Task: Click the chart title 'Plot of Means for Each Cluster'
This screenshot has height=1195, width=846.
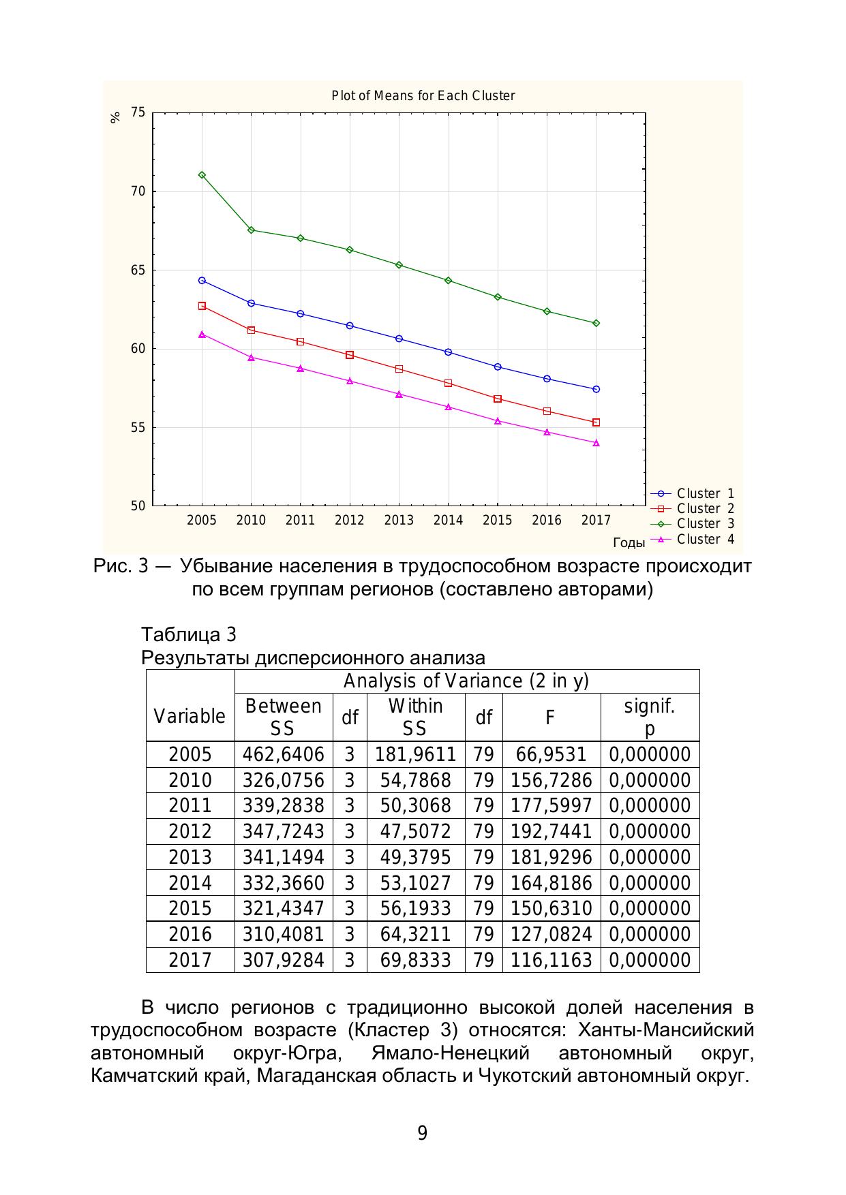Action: click(x=423, y=95)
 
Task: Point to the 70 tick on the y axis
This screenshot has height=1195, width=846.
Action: click(x=138, y=191)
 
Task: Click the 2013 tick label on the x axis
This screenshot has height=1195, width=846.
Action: click(x=399, y=521)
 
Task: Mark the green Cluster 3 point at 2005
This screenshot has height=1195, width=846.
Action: click(x=202, y=175)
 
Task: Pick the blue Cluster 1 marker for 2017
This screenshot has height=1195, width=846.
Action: click(x=596, y=389)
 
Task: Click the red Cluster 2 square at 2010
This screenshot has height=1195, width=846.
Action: click(x=251, y=330)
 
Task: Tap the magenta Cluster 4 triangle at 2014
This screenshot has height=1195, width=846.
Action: click(x=448, y=407)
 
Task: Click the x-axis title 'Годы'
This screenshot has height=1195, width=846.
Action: click(x=629, y=543)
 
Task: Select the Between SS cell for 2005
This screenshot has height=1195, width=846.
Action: click(x=284, y=755)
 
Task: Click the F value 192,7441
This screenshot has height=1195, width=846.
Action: click(x=551, y=832)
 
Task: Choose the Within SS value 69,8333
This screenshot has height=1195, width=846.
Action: click(x=416, y=961)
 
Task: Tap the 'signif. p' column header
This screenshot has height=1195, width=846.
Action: click(x=650, y=717)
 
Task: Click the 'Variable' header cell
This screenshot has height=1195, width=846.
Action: click(x=190, y=717)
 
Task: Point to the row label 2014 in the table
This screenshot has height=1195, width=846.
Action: click(x=190, y=884)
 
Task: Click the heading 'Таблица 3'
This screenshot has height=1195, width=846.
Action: click(x=189, y=635)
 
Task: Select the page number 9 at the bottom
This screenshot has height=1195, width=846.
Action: click(x=423, y=1133)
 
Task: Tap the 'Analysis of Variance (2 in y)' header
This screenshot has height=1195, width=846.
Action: click(x=466, y=681)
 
